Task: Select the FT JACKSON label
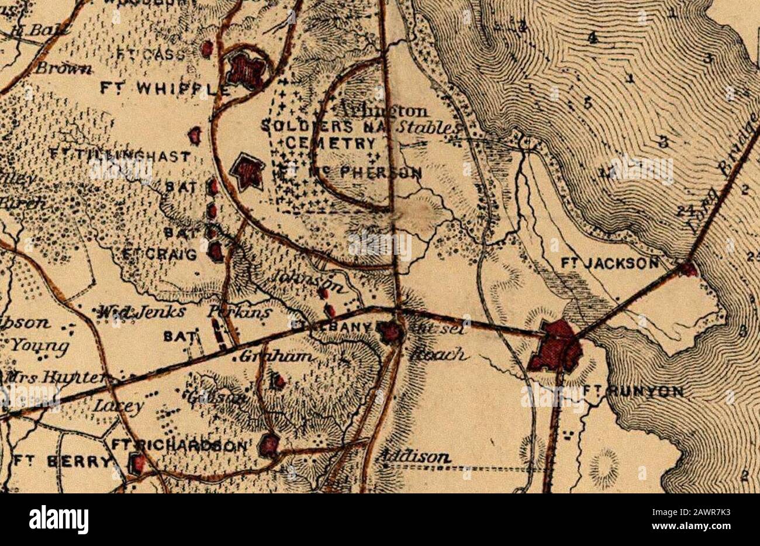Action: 609,264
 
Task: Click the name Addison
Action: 413,457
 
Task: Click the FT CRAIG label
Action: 159,254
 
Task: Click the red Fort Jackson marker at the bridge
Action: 688,269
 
